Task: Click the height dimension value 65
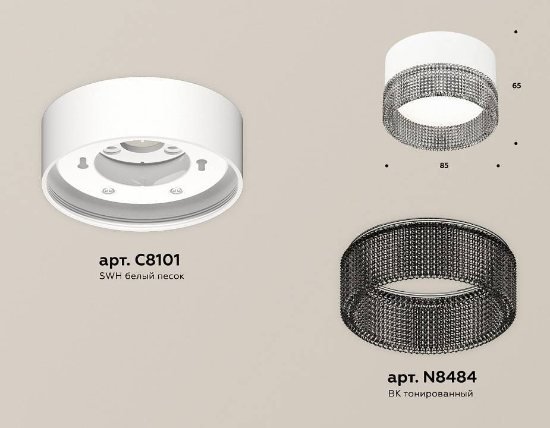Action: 516,86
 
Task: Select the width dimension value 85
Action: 444,166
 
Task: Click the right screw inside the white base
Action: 174,190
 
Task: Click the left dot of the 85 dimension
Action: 387,165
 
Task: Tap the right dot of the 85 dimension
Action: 498,165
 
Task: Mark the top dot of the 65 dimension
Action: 516,32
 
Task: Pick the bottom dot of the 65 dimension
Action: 516,143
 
